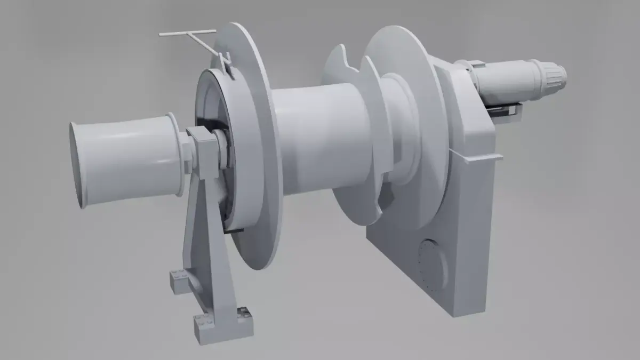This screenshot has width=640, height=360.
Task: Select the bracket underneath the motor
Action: coord(504,111)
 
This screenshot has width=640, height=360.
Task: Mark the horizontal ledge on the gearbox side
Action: coord(477,156)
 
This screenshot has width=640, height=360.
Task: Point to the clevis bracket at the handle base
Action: coord(227,63)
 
